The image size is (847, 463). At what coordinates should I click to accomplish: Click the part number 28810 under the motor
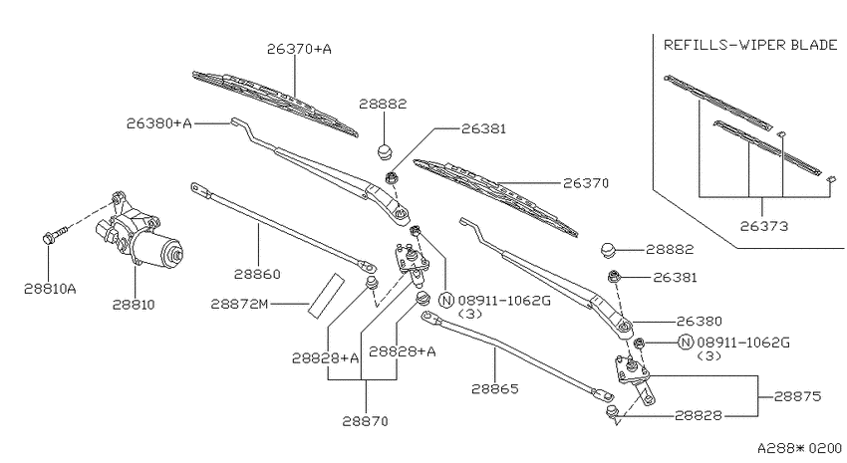point(134,305)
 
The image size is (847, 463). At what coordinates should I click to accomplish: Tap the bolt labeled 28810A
point(54,235)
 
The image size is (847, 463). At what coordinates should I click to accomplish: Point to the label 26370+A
point(299,49)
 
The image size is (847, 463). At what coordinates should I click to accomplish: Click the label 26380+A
point(159,123)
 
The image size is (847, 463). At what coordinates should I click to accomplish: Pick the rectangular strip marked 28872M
point(326,296)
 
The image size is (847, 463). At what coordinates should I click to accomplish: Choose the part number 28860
point(257,274)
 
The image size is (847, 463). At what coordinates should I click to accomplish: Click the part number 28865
point(495,389)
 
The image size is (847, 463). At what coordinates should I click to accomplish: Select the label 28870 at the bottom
point(365,421)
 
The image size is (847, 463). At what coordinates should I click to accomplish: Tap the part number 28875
point(797,396)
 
